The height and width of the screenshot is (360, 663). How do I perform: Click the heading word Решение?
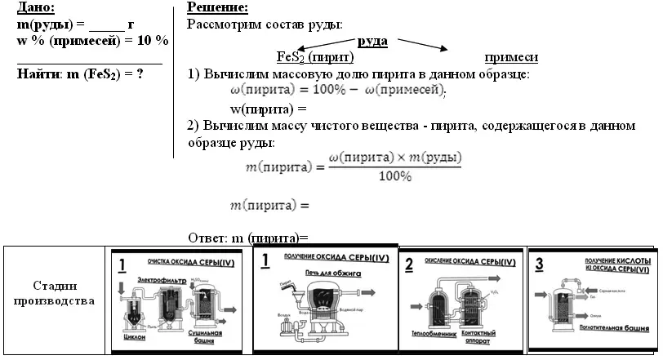point(216,8)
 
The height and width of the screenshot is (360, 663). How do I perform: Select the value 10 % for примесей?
point(151,41)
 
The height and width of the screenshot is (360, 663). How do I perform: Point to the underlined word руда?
point(373,41)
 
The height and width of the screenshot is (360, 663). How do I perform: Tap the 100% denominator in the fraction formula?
point(394,176)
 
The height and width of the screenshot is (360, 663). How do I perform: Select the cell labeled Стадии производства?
point(56,293)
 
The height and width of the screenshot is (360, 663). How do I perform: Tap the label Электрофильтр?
point(162,280)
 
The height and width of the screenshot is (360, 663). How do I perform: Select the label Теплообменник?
point(429,335)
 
